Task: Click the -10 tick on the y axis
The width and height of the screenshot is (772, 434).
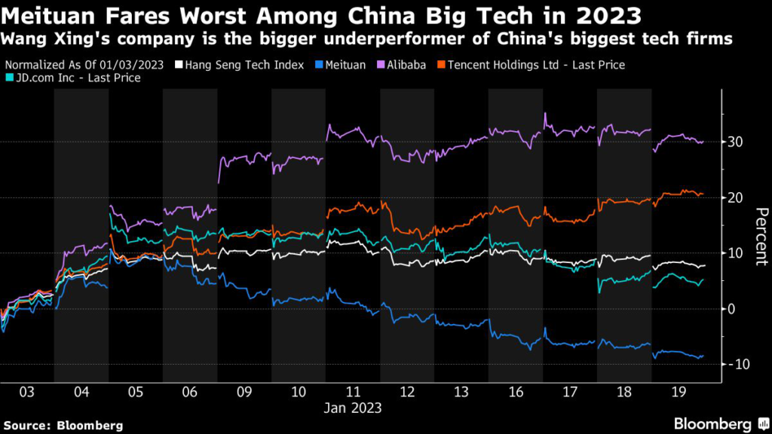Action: (x=738, y=365)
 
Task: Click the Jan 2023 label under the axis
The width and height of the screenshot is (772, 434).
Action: (x=353, y=408)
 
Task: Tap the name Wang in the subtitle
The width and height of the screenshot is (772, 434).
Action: (x=24, y=38)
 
